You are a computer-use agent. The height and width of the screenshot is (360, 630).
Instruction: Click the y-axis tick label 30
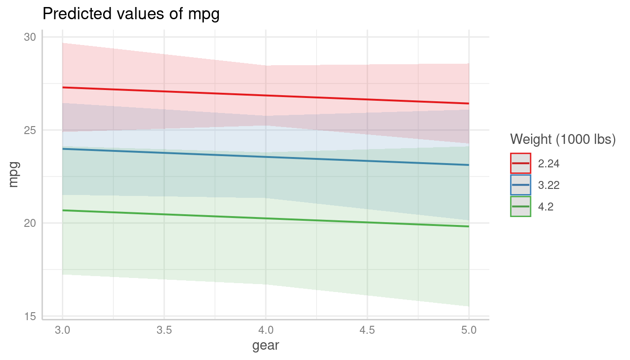pyautogui.click(x=30, y=37)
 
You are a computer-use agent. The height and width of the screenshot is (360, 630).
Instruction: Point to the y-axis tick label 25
pyautogui.click(x=30, y=130)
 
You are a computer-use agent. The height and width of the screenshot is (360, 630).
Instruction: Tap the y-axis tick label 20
pyautogui.click(x=30, y=223)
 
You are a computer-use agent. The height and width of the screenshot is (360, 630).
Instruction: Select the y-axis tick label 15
pyautogui.click(x=30, y=316)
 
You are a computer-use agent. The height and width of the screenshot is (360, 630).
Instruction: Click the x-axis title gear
pyautogui.click(x=266, y=346)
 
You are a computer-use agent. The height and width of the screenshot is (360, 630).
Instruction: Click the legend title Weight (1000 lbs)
pyautogui.click(x=562, y=139)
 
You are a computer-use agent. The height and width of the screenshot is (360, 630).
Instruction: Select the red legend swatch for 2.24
pyautogui.click(x=520, y=163)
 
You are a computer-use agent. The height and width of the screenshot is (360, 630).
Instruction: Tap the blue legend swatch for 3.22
pyautogui.click(x=520, y=185)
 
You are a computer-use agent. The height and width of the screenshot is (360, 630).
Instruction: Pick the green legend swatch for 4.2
pyautogui.click(x=520, y=206)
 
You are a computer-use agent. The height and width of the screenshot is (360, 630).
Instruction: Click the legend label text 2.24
pyautogui.click(x=549, y=164)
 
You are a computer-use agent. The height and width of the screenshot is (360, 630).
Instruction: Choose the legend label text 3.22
pyautogui.click(x=549, y=185)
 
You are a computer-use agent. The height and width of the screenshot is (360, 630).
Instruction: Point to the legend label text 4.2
pyautogui.click(x=546, y=207)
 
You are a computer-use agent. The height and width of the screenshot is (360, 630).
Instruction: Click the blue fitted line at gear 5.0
pyautogui.click(x=468, y=165)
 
